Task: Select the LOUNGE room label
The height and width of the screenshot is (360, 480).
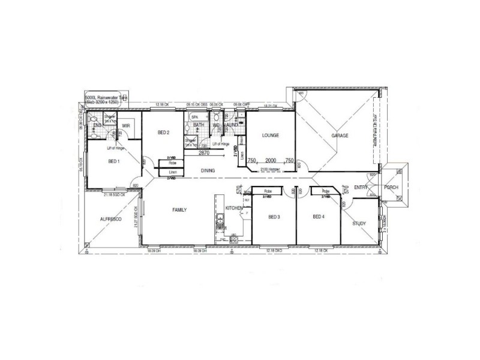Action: point(271,136)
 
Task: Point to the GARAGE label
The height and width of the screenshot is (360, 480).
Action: point(340,136)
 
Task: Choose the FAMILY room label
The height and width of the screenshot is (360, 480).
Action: point(179,210)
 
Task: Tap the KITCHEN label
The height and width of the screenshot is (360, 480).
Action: point(234,208)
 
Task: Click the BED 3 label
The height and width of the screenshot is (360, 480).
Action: point(274,217)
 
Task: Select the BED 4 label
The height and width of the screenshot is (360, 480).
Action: point(319,217)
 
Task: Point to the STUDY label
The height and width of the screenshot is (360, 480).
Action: point(359,223)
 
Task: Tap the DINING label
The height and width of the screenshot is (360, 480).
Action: point(208,171)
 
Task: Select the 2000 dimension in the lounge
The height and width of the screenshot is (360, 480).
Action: point(271,161)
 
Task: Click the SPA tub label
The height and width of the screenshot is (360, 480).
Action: point(195,117)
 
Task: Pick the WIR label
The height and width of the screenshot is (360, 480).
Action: point(126,125)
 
